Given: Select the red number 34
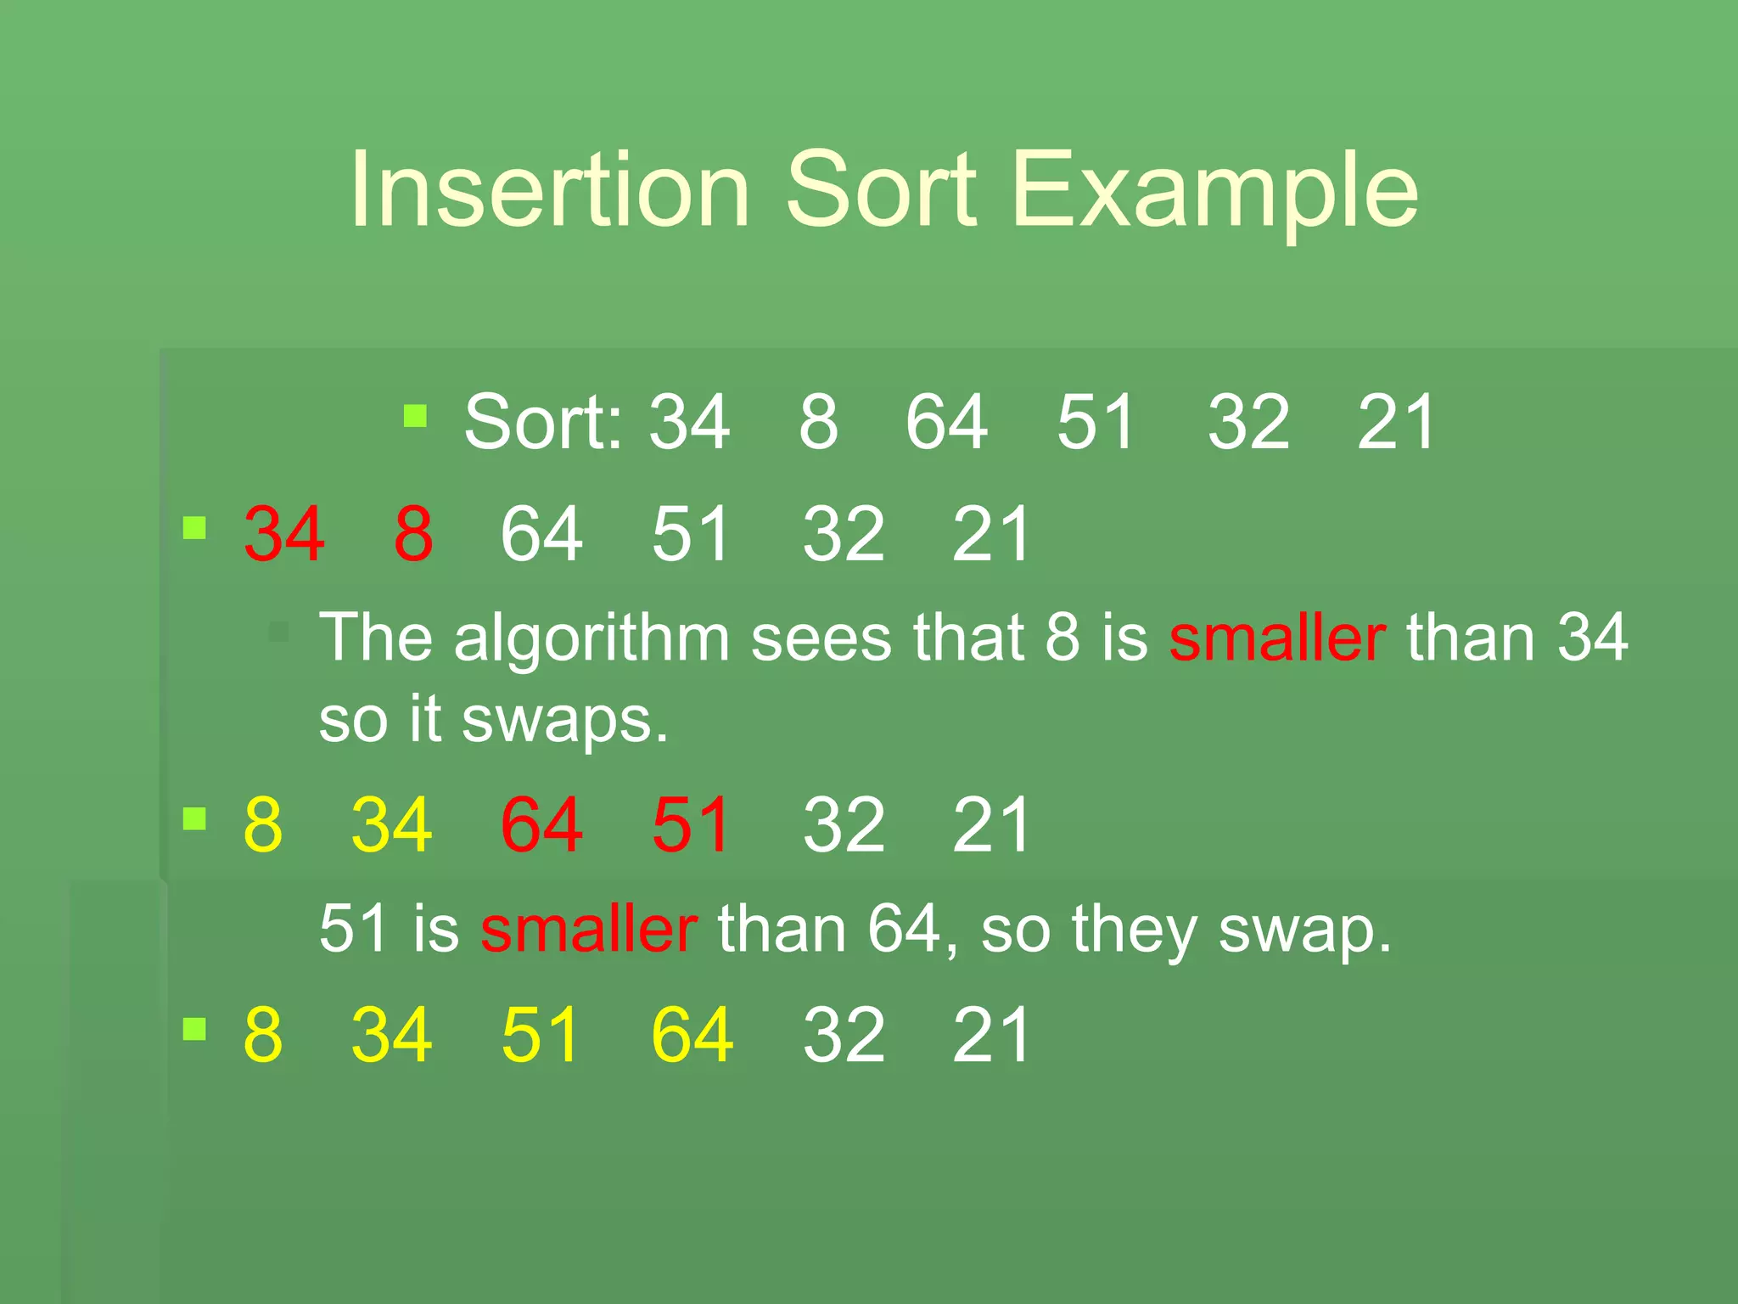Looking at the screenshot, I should (283, 534).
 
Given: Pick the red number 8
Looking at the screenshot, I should (413, 534).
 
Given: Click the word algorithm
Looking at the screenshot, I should (591, 638).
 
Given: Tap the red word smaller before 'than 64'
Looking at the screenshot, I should (589, 929).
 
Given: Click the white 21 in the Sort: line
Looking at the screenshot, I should (1396, 422).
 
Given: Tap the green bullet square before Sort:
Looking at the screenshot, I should (415, 416).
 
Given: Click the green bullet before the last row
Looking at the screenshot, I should (195, 1029).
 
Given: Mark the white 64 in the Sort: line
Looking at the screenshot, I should (946, 422).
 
